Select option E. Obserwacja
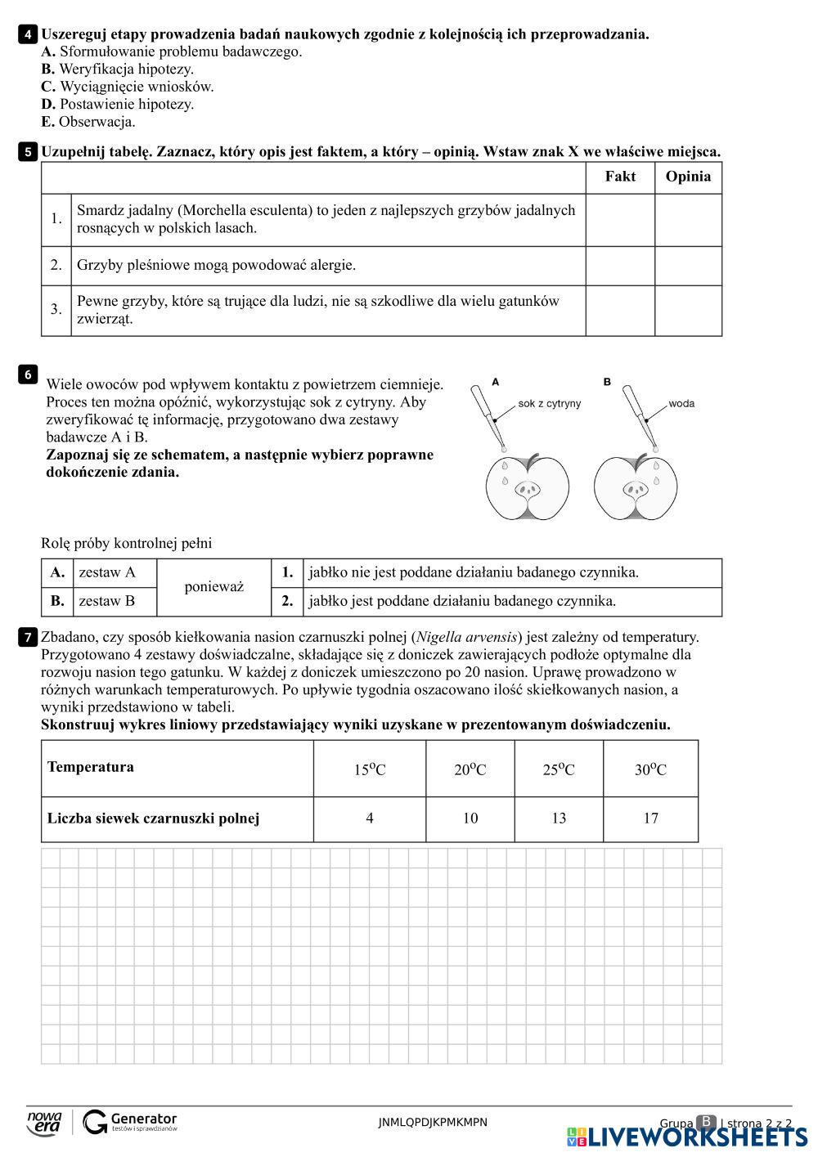pos(88,122)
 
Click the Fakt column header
pos(620,177)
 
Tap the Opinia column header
pos(688,177)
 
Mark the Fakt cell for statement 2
pos(620,266)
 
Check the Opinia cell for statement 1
pos(688,220)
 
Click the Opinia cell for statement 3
pos(688,310)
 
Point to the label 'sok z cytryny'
pos(549,403)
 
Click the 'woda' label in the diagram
pos(681,403)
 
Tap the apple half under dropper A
pos(528,487)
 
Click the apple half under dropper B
pos(636,487)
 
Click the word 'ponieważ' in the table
pos(213,587)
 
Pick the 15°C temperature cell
pos(370,769)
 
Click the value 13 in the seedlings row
pos(559,818)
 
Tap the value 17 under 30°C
pos(650,818)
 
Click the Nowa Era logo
pos(44,1122)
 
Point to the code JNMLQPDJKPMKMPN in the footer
pos(433,1122)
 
